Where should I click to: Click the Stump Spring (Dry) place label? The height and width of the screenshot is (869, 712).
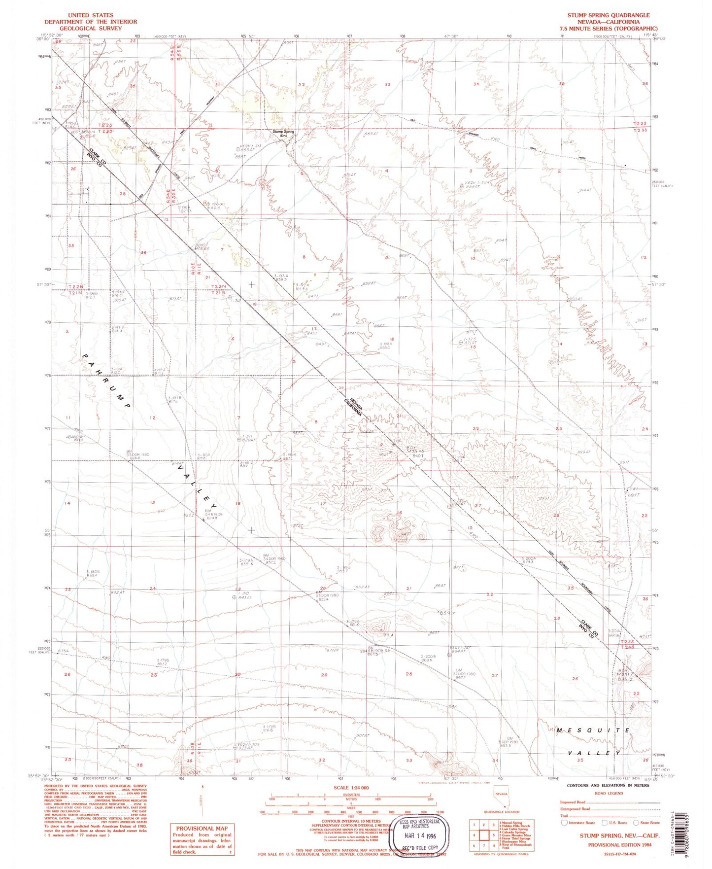click(x=284, y=133)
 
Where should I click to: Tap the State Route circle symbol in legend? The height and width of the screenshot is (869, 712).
click(x=637, y=823)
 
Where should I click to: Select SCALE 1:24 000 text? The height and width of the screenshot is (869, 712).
click(x=351, y=788)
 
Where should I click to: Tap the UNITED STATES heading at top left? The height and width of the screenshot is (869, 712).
click(x=91, y=15)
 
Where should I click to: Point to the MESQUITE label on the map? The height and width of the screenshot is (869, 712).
click(x=593, y=730)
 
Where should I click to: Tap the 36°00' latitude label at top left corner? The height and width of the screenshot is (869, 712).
click(x=43, y=39)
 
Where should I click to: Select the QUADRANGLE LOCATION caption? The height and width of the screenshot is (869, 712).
click(x=501, y=812)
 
